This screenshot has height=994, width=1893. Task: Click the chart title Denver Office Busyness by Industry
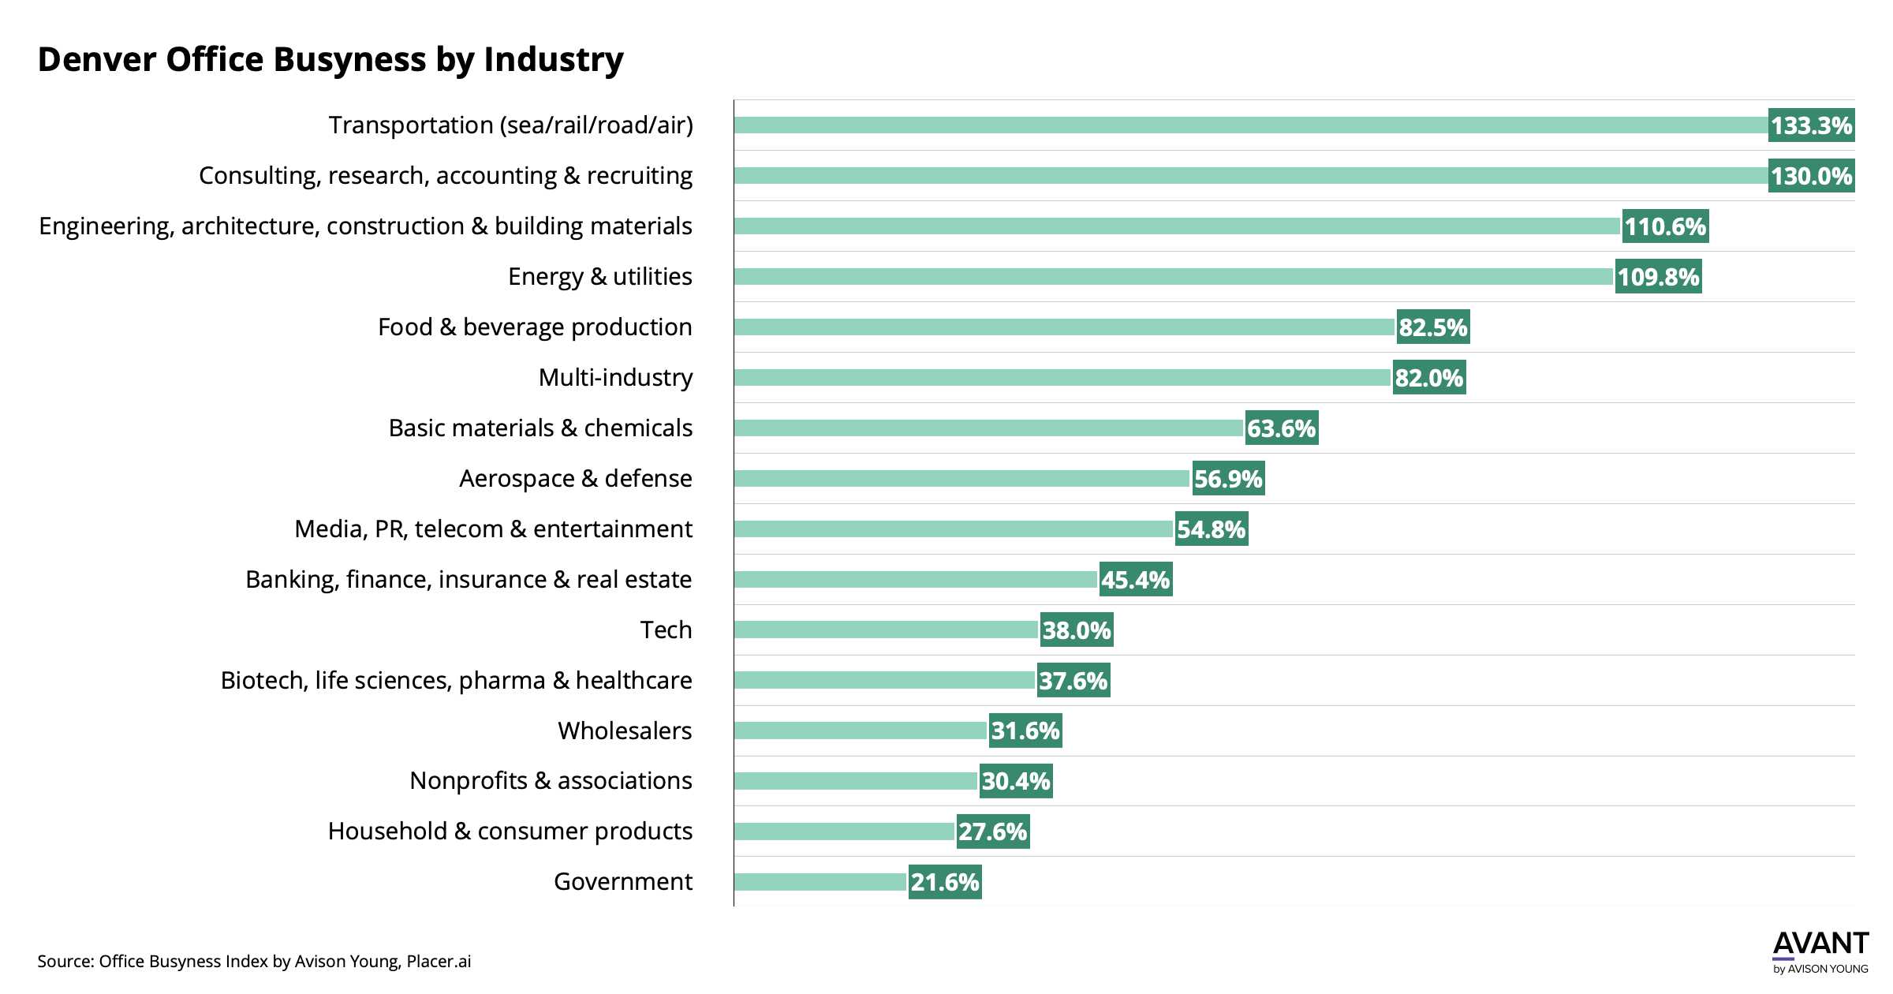tap(330, 60)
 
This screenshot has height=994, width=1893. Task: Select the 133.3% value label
tap(1811, 125)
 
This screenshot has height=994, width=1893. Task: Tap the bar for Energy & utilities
tap(1174, 277)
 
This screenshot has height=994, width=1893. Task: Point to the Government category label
tap(622, 881)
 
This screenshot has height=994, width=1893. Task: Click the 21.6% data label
tap(944, 882)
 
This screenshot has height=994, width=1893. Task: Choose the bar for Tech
tap(886, 630)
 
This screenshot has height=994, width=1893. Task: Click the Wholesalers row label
tap(625, 731)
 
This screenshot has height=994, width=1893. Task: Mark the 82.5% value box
tap(1432, 327)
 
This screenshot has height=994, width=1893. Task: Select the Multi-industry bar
tap(1062, 378)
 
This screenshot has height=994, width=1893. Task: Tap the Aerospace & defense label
tap(575, 478)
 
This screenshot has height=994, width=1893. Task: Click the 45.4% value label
tap(1135, 580)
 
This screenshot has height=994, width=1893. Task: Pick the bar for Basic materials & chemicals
tap(988, 428)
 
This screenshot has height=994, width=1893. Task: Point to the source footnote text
tap(254, 962)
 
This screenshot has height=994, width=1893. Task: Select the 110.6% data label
tap(1664, 226)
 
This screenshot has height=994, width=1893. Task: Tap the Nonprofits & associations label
tap(551, 780)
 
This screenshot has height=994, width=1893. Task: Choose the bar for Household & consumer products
tap(844, 831)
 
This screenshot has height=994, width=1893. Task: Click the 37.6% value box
tap(1073, 681)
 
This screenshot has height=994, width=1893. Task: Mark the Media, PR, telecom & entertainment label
tap(493, 529)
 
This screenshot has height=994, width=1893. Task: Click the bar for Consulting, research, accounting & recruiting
tap(1250, 176)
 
